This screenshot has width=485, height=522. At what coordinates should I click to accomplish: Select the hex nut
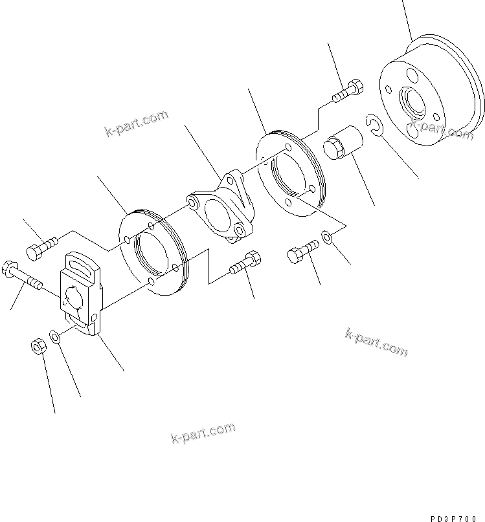tap(38, 346)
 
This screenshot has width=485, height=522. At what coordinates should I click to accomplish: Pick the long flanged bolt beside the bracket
tap(22, 275)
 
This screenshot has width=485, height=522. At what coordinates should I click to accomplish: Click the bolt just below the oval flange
tap(245, 264)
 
